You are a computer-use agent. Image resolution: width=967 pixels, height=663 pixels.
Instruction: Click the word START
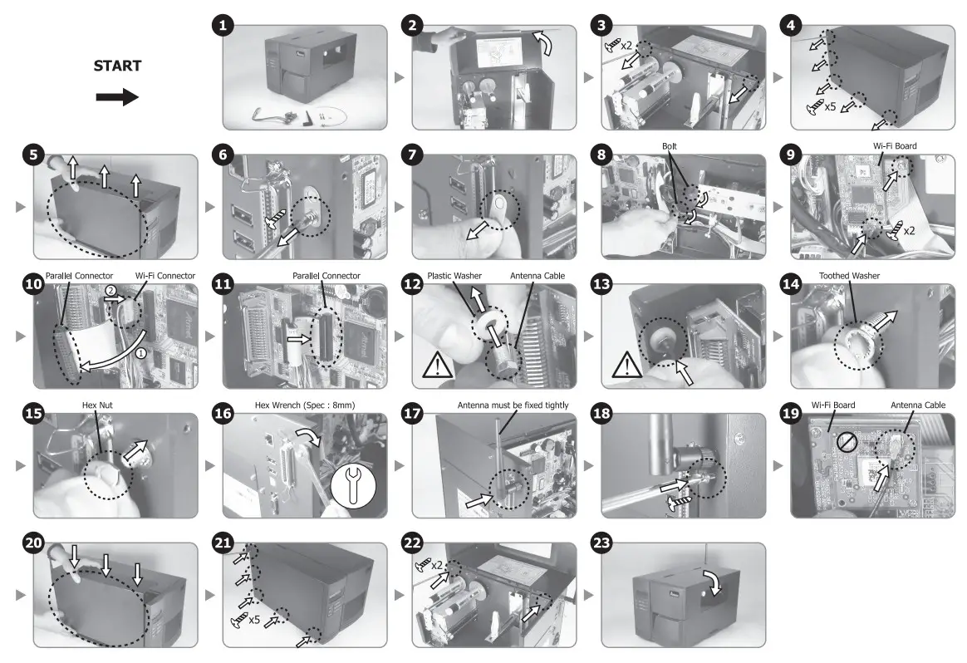tap(117, 66)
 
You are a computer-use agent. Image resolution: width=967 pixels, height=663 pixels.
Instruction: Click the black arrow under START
tap(117, 98)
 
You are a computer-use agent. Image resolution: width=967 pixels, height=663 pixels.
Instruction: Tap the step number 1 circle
tap(222, 26)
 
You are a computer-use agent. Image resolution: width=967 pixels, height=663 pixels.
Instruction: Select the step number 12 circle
tap(413, 284)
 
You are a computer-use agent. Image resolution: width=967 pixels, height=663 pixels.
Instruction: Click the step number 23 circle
tap(601, 543)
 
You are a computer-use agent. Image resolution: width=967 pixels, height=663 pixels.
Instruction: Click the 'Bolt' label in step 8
tap(670, 146)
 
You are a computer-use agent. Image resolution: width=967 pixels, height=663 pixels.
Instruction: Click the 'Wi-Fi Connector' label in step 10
tap(164, 276)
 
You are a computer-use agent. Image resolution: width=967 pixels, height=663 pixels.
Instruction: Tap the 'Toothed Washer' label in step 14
tap(849, 276)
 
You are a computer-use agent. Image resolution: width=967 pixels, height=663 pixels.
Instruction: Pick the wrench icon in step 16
tap(354, 477)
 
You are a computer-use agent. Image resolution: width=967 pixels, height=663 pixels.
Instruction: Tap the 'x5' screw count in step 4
tap(830, 106)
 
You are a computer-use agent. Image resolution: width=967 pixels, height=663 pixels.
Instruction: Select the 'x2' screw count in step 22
tap(437, 566)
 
